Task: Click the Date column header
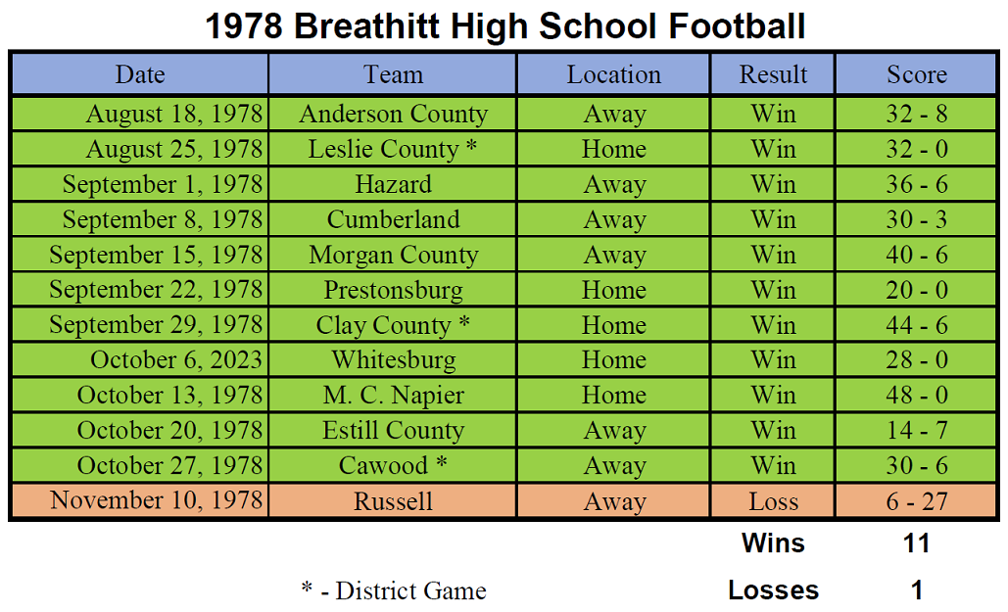coord(140,74)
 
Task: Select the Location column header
coord(613,74)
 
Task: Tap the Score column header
coord(917,74)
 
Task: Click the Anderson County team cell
coord(394,114)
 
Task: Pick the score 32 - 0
coord(917,149)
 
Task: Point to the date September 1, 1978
coord(163,184)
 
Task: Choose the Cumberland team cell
coord(394,220)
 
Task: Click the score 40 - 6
coord(917,256)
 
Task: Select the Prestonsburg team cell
coord(394,291)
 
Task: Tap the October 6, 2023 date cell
coord(176,360)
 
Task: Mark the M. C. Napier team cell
coord(394,396)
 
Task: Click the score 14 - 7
coord(917,430)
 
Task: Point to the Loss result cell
coord(773,501)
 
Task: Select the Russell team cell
coord(394,501)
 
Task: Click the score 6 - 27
coord(917,501)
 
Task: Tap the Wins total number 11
coord(917,543)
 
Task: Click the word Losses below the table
coord(773,590)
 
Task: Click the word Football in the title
coord(737,26)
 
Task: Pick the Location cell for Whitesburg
coord(614,360)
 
